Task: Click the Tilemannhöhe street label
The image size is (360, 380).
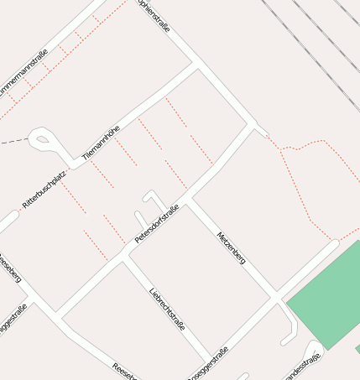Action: click(x=101, y=142)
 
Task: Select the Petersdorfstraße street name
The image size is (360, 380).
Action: click(x=157, y=224)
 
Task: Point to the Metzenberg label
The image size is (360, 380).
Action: click(x=231, y=248)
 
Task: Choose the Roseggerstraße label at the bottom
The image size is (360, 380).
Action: click(x=210, y=362)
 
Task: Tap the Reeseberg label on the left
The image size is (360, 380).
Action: click(x=9, y=270)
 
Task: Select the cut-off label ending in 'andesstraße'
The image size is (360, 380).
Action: click(x=303, y=367)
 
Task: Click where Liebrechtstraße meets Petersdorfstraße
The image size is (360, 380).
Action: click(x=124, y=258)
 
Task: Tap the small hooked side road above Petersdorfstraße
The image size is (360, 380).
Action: click(x=154, y=201)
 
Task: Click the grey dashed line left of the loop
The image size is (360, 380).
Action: click(x=13, y=142)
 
